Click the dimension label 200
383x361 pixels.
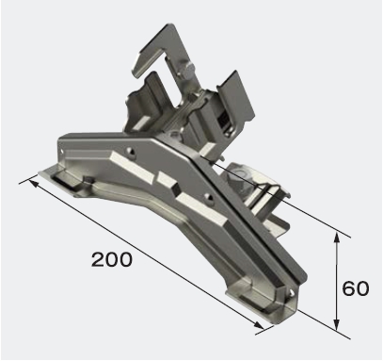pyautogui.click(x=112, y=259)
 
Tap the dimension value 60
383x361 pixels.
pyautogui.click(x=356, y=288)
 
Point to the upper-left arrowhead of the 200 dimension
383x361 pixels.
pyautogui.click(x=34, y=183)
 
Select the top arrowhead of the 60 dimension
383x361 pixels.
pyautogui.click(x=337, y=238)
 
